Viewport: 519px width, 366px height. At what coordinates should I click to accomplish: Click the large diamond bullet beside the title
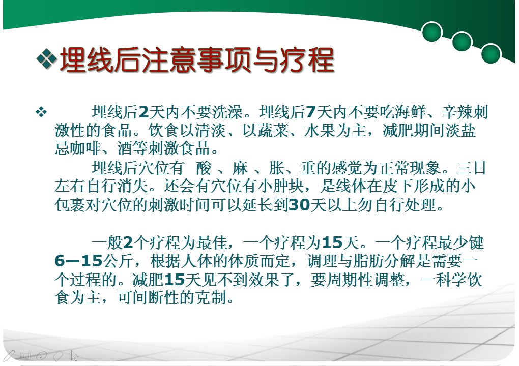click(46, 59)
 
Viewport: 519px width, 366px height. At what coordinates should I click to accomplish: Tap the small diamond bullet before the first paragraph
click(41, 112)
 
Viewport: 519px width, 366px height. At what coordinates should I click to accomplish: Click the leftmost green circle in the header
click(432, 32)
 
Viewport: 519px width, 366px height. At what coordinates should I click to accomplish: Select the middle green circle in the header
click(462, 42)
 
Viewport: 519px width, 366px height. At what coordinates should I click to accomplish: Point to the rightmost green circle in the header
click(491, 53)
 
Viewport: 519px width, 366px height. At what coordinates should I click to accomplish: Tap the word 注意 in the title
click(169, 60)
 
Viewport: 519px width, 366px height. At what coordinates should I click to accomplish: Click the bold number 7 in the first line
click(310, 112)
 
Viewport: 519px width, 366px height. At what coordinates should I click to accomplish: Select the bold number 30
click(299, 205)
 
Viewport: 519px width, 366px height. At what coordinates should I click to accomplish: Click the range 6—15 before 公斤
click(78, 261)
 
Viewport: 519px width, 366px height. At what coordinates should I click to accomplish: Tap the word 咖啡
click(85, 148)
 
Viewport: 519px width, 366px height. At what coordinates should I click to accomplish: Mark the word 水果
click(320, 130)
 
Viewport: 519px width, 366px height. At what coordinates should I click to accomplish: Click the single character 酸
click(204, 168)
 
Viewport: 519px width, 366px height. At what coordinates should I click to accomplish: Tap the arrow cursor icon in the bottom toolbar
click(74, 356)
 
